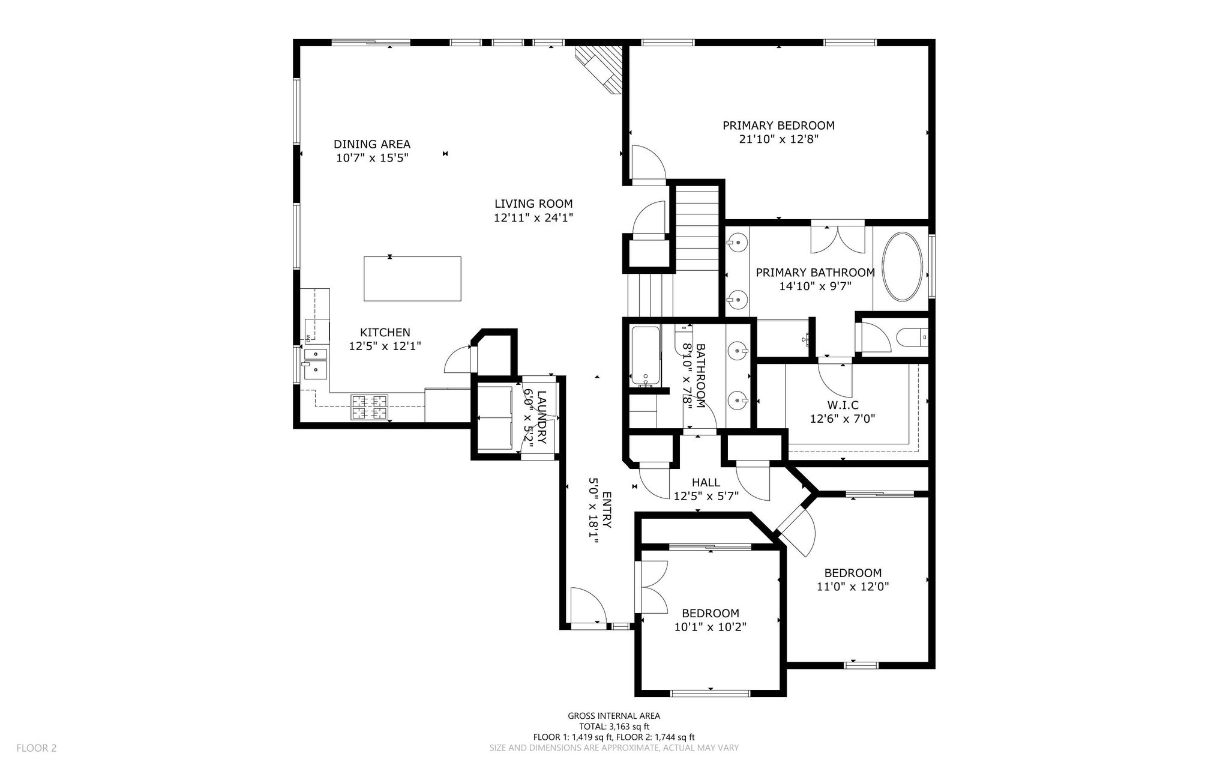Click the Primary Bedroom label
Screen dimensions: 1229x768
(778, 125)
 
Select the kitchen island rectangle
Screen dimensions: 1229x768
(412, 279)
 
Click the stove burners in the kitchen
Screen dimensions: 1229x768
(370, 407)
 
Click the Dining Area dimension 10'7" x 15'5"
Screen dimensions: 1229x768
(373, 158)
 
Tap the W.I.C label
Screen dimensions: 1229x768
(843, 405)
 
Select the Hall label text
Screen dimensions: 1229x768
(706, 482)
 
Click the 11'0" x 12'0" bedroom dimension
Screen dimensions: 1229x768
(853, 587)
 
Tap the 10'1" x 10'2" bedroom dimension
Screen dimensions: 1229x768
(711, 627)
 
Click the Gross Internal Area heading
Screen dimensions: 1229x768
(614, 716)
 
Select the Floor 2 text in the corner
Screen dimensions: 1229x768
(37, 748)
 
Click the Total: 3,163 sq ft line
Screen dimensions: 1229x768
(614, 727)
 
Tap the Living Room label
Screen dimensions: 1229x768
(533, 204)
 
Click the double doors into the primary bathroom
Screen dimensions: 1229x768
(838, 238)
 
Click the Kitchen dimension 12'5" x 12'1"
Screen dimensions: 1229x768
(385, 346)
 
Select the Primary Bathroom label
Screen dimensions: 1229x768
(815, 273)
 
